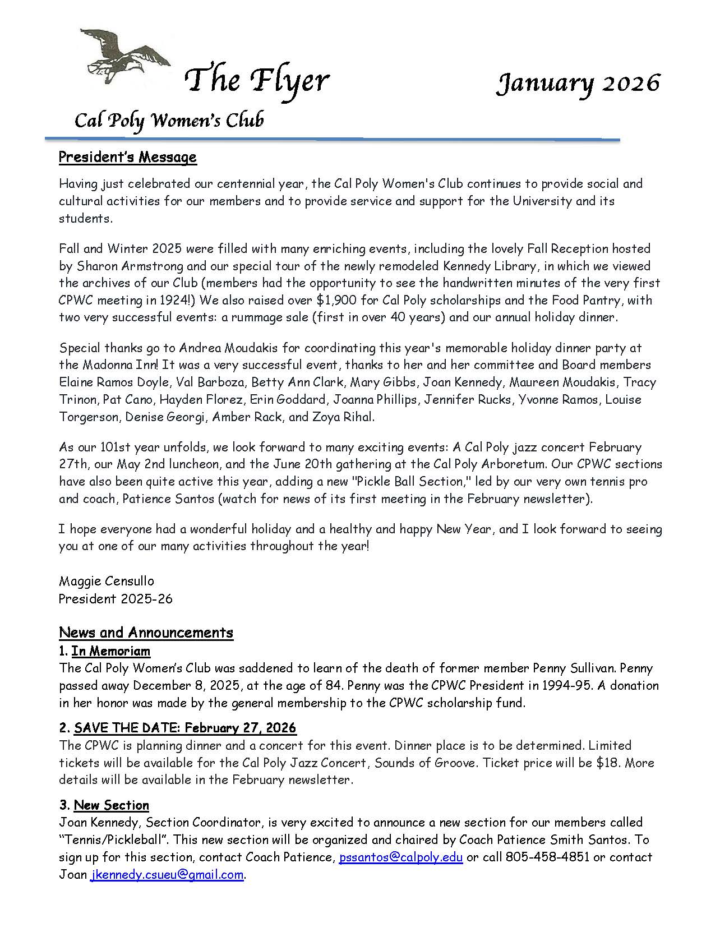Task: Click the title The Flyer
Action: (257, 80)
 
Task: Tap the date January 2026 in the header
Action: (578, 82)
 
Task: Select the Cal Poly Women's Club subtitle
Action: (169, 120)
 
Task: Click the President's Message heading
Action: (127, 157)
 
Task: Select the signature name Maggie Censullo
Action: (106, 581)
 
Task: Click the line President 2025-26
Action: (116, 598)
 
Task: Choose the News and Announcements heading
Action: (146, 633)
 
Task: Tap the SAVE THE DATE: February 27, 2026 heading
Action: (184, 728)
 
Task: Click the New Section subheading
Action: (111, 805)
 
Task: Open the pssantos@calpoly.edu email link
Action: (401, 857)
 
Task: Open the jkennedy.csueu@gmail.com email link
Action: (167, 875)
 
